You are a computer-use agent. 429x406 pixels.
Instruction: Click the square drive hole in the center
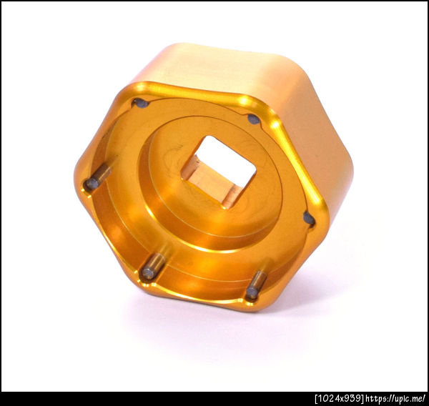click(219, 172)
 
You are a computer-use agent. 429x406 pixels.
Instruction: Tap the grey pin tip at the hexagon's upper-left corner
click(141, 104)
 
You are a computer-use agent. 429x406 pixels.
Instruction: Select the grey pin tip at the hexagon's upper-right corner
click(254, 119)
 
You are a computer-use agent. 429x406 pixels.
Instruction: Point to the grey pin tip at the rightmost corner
click(309, 219)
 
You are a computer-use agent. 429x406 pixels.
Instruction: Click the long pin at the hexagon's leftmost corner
click(97, 178)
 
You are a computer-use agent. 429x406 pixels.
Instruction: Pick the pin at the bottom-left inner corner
click(153, 266)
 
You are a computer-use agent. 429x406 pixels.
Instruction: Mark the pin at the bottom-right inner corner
click(256, 285)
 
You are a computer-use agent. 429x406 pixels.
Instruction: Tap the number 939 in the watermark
click(355, 398)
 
